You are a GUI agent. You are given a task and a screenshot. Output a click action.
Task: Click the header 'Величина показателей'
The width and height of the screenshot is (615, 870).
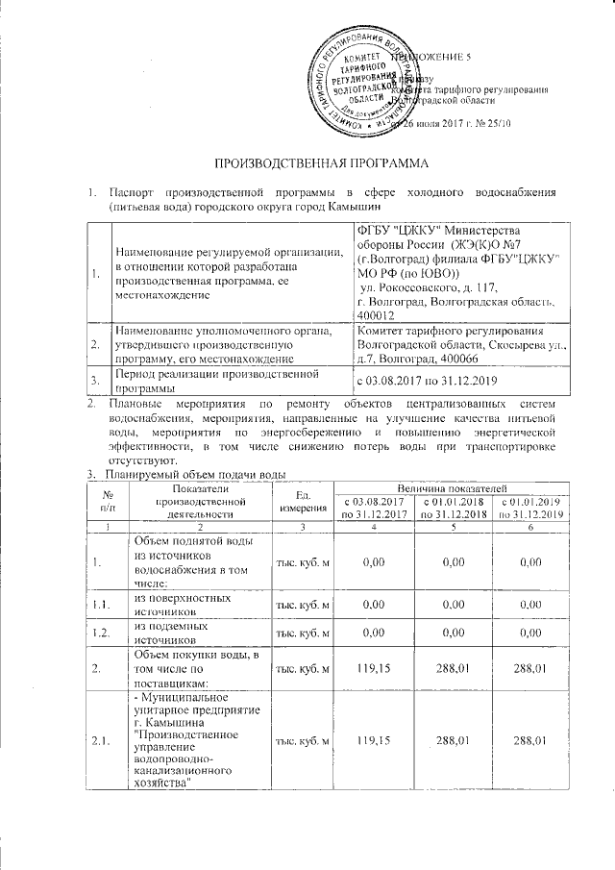coord(452,491)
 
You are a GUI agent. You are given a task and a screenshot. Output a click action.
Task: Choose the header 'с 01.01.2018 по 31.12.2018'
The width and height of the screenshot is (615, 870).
coord(452,510)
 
